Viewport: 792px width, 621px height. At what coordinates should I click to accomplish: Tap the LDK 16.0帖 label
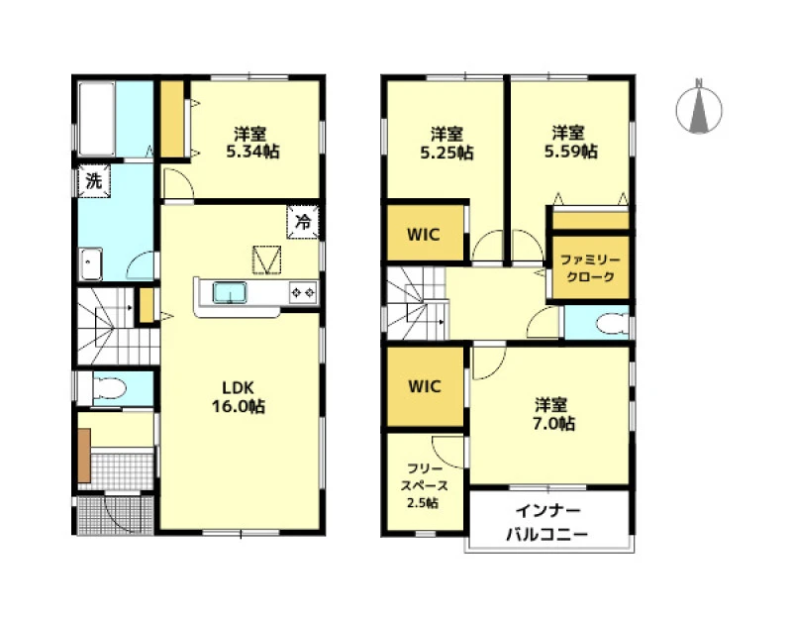coord(238,397)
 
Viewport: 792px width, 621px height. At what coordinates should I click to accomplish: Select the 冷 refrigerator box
coord(303,221)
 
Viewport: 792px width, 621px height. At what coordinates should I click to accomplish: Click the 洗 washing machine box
coord(93,180)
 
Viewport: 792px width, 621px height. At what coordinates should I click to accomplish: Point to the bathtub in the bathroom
coord(96,119)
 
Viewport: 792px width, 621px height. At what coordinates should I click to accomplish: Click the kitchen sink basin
coord(230,292)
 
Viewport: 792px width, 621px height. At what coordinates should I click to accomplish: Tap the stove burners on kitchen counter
coord(303,292)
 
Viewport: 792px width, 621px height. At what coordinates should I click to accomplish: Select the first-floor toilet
coord(108,388)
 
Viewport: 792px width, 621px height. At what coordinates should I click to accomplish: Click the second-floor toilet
coord(611,324)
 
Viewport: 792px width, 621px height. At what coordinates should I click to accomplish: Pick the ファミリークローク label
coord(590,268)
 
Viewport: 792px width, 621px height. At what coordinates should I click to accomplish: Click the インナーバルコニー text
coord(547,523)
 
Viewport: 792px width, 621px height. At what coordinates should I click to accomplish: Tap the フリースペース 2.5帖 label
coord(425,485)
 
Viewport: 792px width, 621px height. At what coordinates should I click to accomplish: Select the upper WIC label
coord(424,235)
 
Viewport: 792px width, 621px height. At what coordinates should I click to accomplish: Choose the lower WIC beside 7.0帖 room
coord(425,386)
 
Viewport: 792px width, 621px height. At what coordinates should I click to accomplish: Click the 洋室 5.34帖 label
coord(251,143)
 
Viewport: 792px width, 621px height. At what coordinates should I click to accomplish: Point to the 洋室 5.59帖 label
coord(570,142)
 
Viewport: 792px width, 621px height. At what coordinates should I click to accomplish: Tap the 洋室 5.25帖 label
coord(446,143)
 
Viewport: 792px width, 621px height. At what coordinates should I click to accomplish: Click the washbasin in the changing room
coord(91,263)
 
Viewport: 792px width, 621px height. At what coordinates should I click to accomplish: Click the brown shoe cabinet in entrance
coord(84,456)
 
